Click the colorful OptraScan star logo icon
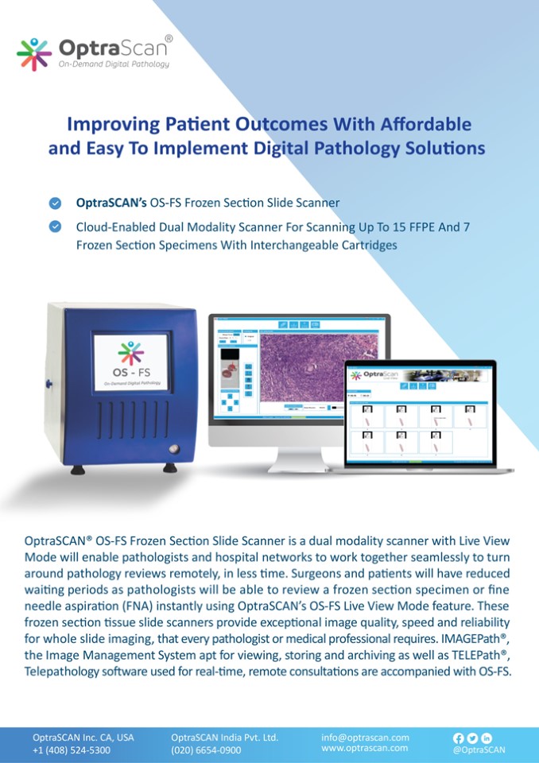coord(34,52)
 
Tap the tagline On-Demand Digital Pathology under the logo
coord(114,64)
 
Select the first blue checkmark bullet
coord(55,202)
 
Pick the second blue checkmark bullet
coord(55,227)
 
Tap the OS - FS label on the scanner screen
coord(131,371)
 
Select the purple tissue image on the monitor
coord(321,366)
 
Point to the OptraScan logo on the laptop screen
coord(374,374)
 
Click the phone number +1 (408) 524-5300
coord(72,749)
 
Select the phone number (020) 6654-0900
coord(206,749)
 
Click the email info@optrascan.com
coord(365,737)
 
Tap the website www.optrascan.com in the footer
coord(365,748)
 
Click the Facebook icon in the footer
coord(458,738)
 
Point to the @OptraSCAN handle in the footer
coord(479,749)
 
